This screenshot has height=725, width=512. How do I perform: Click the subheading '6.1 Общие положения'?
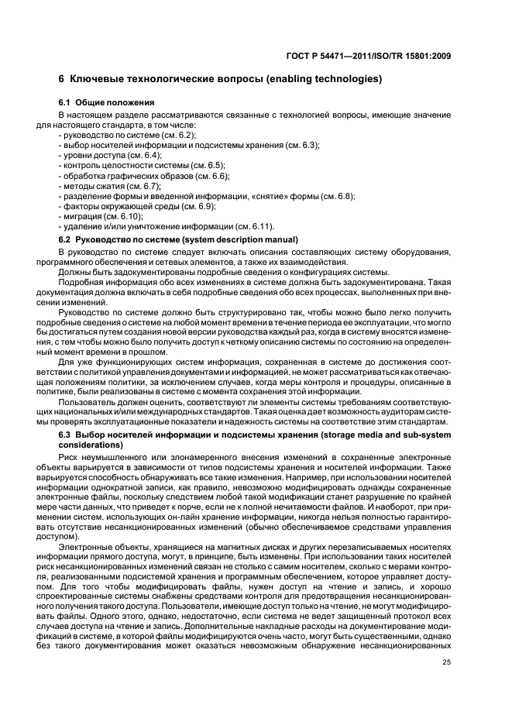(107, 102)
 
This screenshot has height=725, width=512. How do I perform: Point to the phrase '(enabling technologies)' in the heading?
(325, 79)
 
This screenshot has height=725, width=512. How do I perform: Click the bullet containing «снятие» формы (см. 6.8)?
(206, 196)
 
